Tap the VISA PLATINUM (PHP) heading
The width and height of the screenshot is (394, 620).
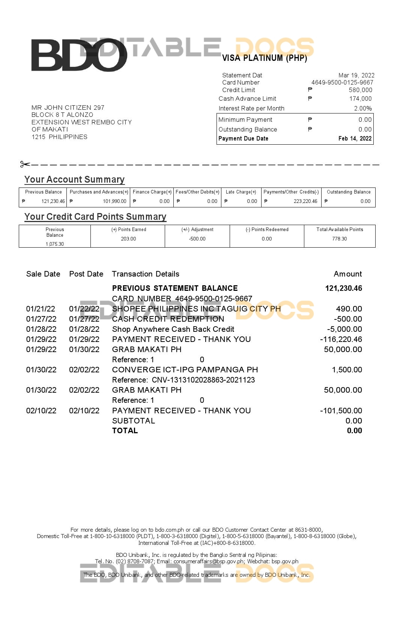point(265,58)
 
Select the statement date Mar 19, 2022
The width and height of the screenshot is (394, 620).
point(356,75)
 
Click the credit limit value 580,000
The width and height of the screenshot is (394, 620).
point(360,90)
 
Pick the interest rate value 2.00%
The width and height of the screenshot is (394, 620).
point(363,109)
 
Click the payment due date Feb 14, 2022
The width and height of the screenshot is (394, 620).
point(355,139)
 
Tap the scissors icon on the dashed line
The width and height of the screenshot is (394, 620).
point(25,164)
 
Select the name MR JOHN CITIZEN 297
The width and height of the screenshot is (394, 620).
point(68,108)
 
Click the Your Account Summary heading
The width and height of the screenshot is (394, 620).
point(74,180)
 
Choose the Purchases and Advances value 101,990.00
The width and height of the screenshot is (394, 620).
point(114,201)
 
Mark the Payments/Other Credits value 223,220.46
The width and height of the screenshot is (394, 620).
point(305,201)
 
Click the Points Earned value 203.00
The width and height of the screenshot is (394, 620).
point(128,239)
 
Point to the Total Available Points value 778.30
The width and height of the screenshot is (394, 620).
point(339,239)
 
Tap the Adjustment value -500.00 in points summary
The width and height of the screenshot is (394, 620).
point(197,239)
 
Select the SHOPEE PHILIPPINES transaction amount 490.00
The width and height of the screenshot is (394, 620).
point(349,309)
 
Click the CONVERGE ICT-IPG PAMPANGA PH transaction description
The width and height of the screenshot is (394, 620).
point(185,370)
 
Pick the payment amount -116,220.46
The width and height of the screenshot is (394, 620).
point(341,339)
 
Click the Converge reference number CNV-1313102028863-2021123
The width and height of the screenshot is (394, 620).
point(203,380)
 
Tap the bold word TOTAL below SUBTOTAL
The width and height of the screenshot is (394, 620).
point(125,431)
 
